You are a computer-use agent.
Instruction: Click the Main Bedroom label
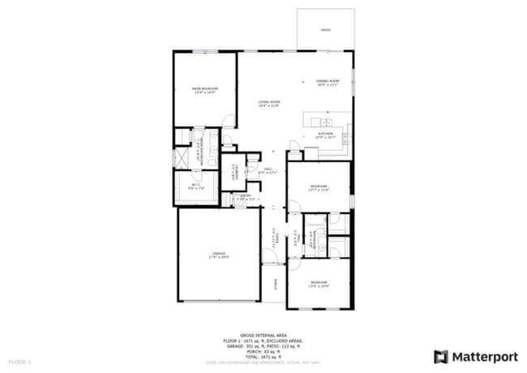coord(204,90)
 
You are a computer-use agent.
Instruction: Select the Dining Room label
coord(328,83)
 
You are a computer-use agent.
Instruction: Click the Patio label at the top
coord(325,30)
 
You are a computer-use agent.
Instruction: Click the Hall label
coord(268,171)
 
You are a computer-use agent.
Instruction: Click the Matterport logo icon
coord(441,356)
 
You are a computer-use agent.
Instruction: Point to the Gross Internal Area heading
coord(263,332)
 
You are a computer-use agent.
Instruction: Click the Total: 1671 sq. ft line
coord(263,356)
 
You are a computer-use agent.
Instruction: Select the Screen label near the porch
coord(276,285)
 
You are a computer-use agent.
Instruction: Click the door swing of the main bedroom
coord(230,121)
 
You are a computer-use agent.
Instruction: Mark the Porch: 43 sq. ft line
coord(263,350)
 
